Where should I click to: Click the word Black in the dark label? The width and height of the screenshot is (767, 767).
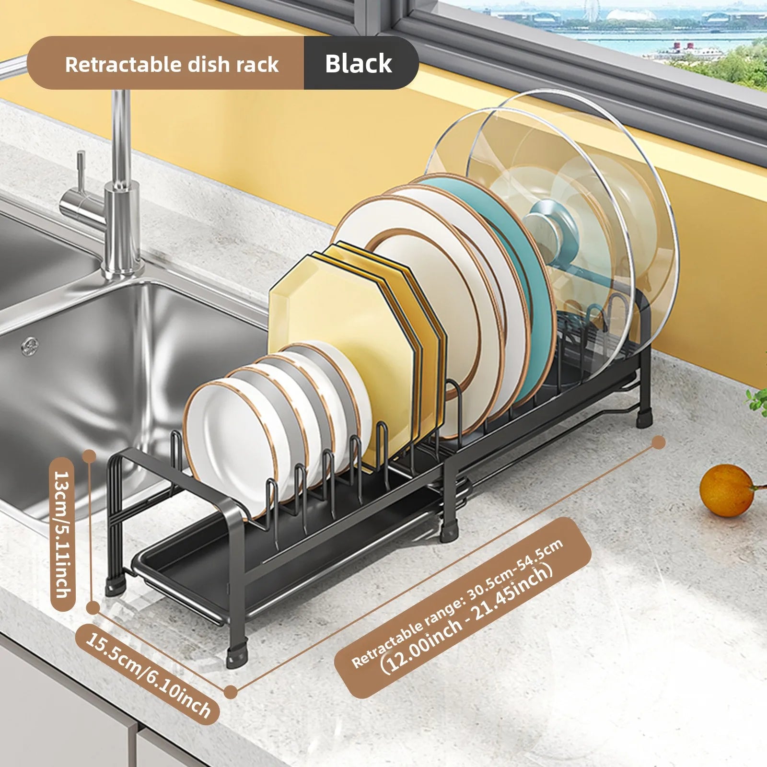(358, 63)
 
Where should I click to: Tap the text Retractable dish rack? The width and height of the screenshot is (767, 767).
(172, 64)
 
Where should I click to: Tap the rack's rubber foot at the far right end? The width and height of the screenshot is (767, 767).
(644, 418)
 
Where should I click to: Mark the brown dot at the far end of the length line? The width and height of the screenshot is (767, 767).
(659, 442)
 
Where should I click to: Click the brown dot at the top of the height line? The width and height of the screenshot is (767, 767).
(87, 456)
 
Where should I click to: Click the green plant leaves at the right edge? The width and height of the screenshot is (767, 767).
(757, 401)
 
